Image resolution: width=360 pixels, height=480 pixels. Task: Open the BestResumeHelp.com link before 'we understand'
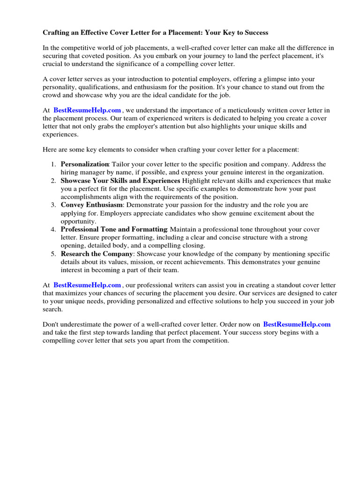coord(87,110)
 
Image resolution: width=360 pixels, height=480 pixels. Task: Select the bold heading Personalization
coord(85,165)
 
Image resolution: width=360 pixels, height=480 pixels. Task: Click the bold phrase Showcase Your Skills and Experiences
coord(120,180)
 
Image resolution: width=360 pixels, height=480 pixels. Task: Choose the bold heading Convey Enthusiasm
coord(92,205)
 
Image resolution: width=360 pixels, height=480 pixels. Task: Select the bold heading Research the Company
coord(96,254)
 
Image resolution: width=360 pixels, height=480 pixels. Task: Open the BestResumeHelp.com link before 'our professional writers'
coord(87,285)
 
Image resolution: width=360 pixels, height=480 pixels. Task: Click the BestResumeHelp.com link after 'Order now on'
coord(297,324)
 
